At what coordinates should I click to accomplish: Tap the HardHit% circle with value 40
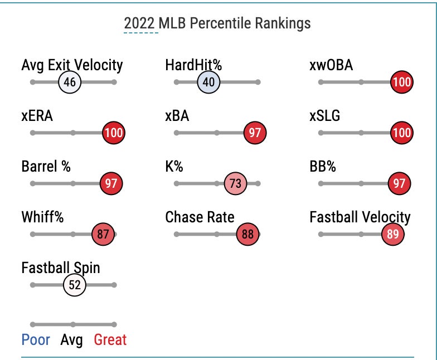209,82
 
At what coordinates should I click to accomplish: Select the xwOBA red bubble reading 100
401,82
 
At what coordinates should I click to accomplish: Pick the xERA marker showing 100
114,133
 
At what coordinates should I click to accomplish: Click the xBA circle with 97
255,133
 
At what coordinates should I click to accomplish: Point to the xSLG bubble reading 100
401,133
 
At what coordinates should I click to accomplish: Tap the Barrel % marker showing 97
110,184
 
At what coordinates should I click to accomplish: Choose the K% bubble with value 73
235,184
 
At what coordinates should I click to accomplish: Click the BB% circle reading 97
399,184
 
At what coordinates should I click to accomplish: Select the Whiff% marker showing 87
103,235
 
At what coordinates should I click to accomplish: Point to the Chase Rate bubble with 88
247,235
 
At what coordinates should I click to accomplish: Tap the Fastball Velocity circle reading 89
392,235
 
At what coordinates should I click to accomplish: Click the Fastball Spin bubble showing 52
74,285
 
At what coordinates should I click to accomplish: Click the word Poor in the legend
36,339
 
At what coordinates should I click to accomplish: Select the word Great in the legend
110,339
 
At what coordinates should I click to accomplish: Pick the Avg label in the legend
72,339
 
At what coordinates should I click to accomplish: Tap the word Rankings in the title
283,23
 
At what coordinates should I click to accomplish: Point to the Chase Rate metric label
200,217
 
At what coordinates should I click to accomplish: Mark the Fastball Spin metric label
61,267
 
